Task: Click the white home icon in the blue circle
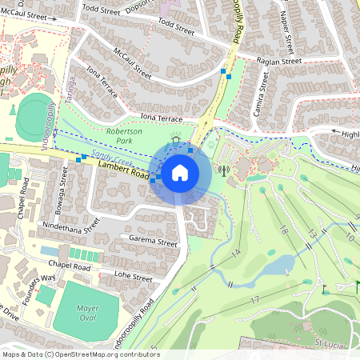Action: pyautogui.click(x=180, y=173)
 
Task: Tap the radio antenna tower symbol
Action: pyautogui.click(x=223, y=170)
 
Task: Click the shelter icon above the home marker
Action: pyautogui.click(x=176, y=139)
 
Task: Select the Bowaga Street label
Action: pyautogui.click(x=63, y=186)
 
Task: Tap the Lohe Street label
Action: pyautogui.click(x=132, y=277)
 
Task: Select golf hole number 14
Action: pyautogui.click(x=236, y=253)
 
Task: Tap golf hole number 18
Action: pyautogui.click(x=283, y=230)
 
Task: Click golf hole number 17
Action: pyautogui.click(x=254, y=300)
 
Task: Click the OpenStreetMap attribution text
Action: pyautogui.click(x=80, y=354)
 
